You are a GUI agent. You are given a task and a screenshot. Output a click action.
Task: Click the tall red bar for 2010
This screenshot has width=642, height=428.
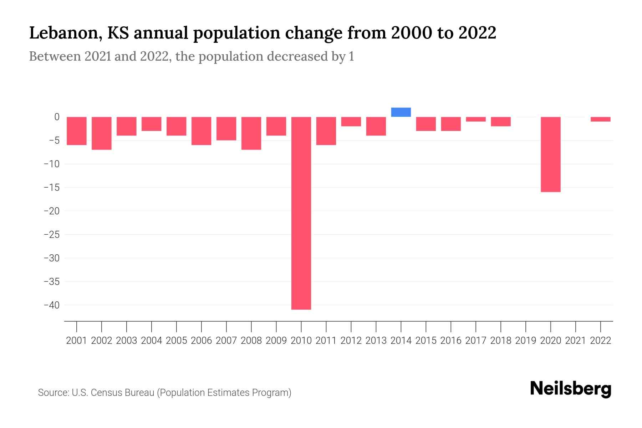[x=301, y=213]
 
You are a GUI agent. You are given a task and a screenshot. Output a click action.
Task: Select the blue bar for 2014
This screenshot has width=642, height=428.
[x=401, y=112]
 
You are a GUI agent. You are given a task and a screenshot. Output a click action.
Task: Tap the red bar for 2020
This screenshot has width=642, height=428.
[x=550, y=154]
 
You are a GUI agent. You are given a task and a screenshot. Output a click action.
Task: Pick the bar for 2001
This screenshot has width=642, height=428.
[x=77, y=131]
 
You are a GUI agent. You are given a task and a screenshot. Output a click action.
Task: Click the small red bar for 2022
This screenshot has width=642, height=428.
[x=600, y=119]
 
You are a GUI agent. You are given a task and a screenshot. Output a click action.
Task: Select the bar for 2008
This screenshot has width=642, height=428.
[x=251, y=133]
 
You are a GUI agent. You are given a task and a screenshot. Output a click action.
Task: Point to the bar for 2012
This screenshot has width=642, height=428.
[x=351, y=121]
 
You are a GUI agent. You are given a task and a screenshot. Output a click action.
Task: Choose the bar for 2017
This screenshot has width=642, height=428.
[x=476, y=119]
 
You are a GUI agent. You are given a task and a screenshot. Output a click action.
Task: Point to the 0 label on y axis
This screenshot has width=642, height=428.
[x=57, y=117]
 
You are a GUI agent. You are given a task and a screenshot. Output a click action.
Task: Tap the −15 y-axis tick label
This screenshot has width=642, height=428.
[x=51, y=188]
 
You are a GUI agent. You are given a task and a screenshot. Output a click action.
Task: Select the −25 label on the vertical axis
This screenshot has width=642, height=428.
[x=51, y=235]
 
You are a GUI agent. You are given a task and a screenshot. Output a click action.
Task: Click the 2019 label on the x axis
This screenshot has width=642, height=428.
[x=525, y=341]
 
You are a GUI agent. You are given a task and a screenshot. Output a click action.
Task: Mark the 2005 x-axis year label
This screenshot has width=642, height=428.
[x=177, y=341]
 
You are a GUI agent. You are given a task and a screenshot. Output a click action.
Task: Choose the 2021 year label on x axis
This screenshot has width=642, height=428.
[x=575, y=341]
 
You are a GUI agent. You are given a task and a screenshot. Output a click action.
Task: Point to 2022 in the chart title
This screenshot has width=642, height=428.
[x=477, y=33]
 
